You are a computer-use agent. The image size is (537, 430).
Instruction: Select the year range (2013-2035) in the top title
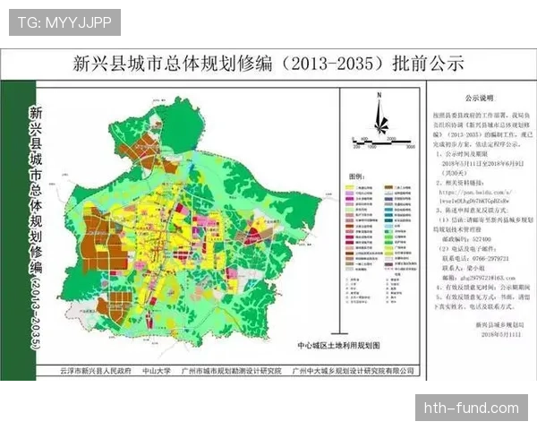(335, 64)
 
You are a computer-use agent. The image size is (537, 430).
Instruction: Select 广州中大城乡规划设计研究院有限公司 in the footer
(354, 369)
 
